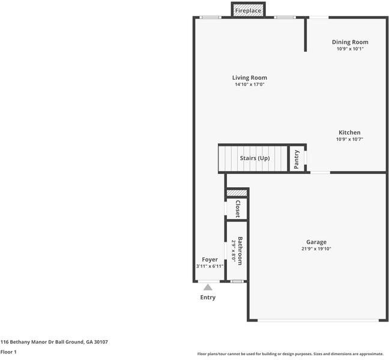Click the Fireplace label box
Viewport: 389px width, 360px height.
(248, 11)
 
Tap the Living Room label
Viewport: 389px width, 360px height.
(250, 78)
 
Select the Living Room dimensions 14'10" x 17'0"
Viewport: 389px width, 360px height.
(250, 85)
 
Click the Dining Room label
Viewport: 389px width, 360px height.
(350, 42)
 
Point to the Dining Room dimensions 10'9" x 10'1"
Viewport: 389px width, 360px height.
(350, 49)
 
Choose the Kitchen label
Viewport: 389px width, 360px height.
(349, 133)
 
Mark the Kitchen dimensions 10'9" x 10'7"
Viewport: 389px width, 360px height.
(349, 139)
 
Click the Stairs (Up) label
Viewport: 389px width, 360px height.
(255, 158)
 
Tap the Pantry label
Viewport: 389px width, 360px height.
(297, 159)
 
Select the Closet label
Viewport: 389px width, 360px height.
(237, 209)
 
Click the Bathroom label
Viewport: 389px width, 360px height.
(240, 251)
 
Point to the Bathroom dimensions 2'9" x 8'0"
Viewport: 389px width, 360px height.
(233, 251)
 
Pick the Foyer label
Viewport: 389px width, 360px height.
(210, 260)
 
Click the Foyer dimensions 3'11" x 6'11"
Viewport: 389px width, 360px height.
(210, 266)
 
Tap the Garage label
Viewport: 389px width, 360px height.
(316, 242)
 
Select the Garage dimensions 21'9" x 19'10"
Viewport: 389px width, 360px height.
(316, 249)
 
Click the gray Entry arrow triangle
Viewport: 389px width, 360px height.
(208, 287)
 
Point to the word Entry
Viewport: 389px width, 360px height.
(208, 298)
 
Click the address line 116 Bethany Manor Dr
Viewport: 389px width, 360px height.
(54, 342)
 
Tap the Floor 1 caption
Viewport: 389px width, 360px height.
(8, 352)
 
